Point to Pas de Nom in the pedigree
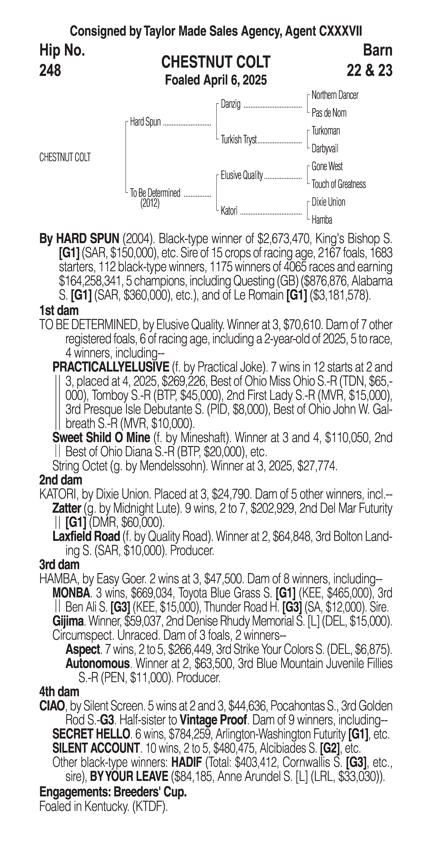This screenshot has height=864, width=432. (329, 113)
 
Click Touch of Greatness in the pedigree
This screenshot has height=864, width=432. (339, 184)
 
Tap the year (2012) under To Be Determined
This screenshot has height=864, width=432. (150, 203)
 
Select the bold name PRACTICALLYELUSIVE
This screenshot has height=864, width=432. (111, 367)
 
